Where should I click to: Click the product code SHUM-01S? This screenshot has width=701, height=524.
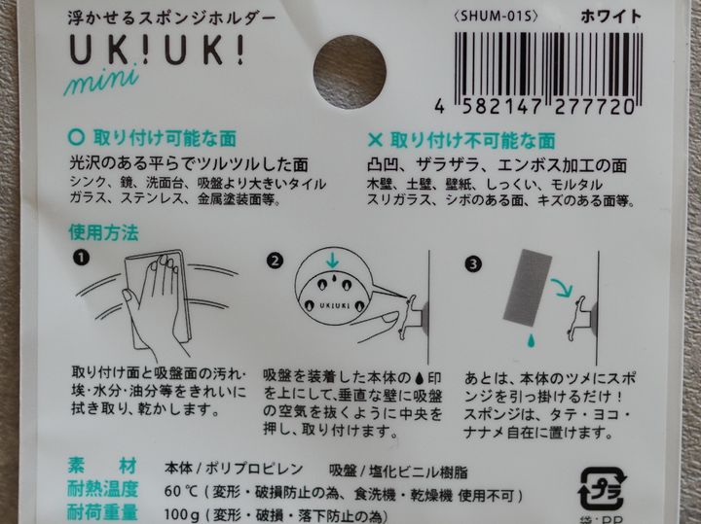coord(495,17)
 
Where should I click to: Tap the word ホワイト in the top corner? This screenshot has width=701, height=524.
coord(611,17)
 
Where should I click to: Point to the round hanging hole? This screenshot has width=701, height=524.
coord(350,71)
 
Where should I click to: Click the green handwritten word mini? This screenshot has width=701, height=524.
coord(101,82)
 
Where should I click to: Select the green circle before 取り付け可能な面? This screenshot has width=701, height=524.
coord(77,137)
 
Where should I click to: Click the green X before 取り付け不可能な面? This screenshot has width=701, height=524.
coord(375,140)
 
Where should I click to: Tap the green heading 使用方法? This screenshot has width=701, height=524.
coord(103,232)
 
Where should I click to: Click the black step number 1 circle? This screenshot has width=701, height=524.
coord(82,258)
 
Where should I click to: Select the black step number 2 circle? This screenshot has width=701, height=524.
coord(275,261)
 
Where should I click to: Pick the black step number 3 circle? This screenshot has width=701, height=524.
coord(473,264)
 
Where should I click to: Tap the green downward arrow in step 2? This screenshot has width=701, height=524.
coord(332,261)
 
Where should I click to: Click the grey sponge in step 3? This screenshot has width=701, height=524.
coord(528,287)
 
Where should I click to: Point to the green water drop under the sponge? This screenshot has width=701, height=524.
coord(531,340)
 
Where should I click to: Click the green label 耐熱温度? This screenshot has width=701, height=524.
coord(102,490)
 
